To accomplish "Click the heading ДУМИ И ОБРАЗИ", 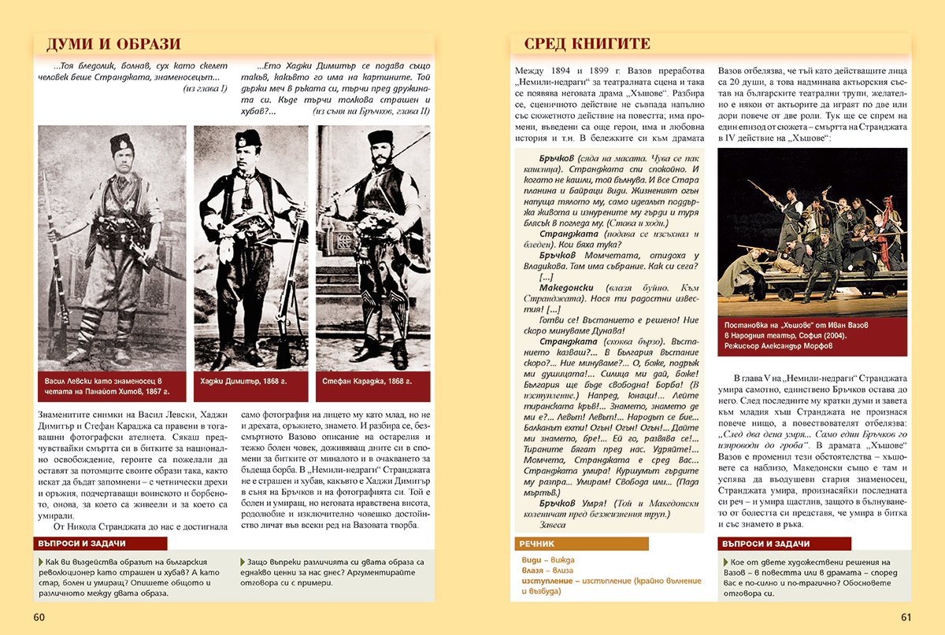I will pyautogui.click(x=113, y=44).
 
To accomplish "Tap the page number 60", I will pyautogui.click(x=39, y=616).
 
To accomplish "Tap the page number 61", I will pyautogui.click(x=906, y=616).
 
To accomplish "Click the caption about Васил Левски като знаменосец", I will pyautogui.click(x=107, y=386).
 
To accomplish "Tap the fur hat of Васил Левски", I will pyautogui.click(x=122, y=144).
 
